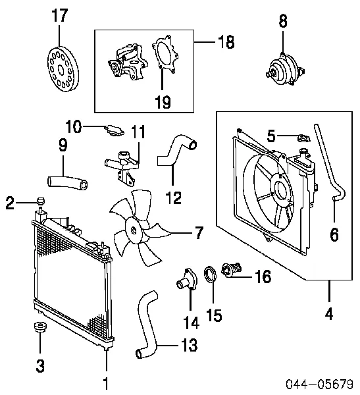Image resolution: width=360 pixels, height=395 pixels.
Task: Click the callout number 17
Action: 60,15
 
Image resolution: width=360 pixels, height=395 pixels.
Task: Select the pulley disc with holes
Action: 63,68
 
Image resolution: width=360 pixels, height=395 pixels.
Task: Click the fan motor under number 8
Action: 285,70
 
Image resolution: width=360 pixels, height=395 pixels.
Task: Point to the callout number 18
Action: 226,41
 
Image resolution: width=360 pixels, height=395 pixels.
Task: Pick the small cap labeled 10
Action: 115,130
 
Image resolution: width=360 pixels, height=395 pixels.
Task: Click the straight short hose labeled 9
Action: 68,182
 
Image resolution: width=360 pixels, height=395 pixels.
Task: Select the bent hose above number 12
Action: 176,151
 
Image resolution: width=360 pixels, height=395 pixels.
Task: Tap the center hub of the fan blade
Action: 133,230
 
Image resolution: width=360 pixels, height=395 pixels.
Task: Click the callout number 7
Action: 199,233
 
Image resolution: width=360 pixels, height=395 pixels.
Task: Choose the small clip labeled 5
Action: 304,138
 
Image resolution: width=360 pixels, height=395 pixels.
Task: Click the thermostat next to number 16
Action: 232,270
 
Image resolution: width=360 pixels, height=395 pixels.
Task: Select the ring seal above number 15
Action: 210,275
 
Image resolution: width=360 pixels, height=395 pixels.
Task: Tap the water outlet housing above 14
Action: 187,280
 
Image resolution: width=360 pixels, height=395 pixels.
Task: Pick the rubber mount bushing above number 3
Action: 40,327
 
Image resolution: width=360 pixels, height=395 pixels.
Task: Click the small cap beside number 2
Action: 41,201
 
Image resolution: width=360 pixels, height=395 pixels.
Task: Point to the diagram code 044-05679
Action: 319,384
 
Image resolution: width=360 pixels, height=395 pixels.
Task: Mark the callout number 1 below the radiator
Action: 106,383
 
